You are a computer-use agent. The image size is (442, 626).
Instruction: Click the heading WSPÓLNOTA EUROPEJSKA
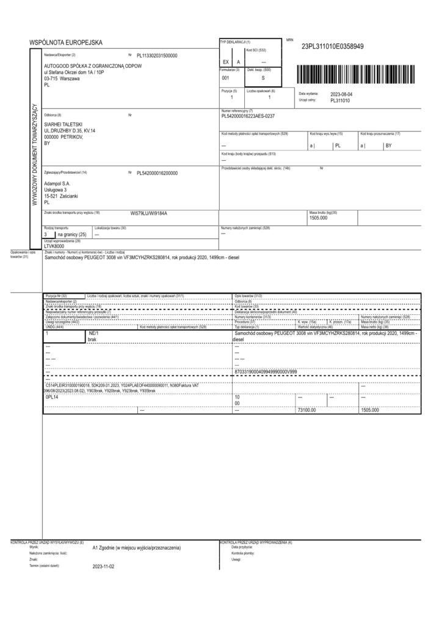tap(66, 42)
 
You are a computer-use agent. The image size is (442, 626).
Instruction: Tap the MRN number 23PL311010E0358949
tap(333, 46)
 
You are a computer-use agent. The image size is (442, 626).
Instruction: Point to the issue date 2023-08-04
tap(342, 94)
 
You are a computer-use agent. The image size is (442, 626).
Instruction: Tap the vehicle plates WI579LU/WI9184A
tap(149, 214)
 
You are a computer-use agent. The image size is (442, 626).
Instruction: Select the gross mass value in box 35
tap(319, 218)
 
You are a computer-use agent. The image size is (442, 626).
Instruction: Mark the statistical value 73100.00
tap(306, 410)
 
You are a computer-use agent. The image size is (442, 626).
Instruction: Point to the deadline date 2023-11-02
tap(103, 566)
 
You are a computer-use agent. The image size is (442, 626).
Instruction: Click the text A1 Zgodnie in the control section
tap(137, 548)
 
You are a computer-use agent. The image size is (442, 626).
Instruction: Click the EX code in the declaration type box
tap(225, 62)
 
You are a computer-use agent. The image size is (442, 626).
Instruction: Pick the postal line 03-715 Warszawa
tap(62, 79)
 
